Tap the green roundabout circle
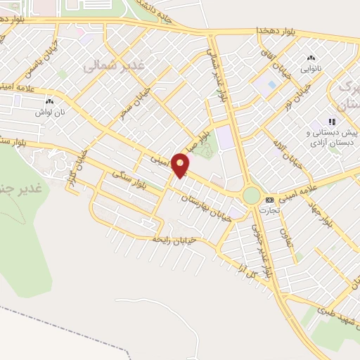click(252, 195)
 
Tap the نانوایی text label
click(311, 70)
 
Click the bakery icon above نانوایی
click(311, 59)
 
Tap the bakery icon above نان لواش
click(50, 102)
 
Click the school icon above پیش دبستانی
click(332, 122)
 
